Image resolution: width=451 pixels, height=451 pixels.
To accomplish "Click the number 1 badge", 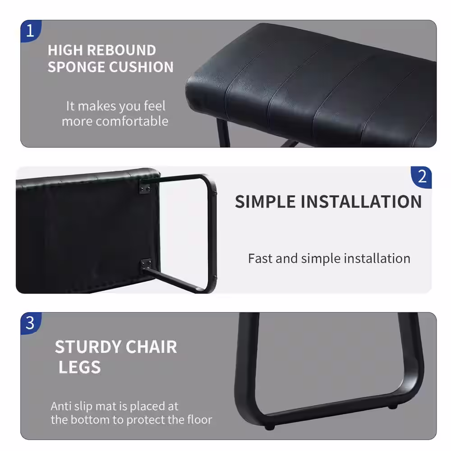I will click(30, 31).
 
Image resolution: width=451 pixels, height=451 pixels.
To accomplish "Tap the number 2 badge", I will click(422, 177).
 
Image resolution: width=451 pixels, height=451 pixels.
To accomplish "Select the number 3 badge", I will click(30, 323).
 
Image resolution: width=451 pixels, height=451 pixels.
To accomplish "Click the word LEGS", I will click(79, 368).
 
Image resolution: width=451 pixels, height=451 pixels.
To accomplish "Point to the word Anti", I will click(60, 406).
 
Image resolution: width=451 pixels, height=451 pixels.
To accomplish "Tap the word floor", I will click(199, 420).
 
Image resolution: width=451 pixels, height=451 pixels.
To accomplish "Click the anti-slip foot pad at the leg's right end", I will click(393, 407).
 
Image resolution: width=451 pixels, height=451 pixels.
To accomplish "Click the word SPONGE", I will click(75, 67).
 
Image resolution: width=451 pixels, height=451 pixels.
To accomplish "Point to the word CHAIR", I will click(151, 347).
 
